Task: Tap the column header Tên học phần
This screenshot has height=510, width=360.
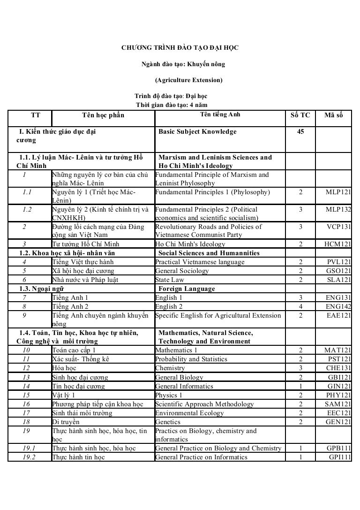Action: click(x=103, y=115)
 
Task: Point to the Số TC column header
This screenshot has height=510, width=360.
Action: click(x=300, y=115)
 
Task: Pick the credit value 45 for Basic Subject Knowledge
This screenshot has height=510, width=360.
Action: click(x=300, y=132)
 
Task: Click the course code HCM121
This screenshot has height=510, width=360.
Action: click(x=338, y=244)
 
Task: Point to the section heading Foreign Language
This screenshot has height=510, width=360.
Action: click(x=187, y=289)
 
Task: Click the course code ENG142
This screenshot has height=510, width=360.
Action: click(x=338, y=306)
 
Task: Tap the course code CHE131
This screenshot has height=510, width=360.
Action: click(x=339, y=368)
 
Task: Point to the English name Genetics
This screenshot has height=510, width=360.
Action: click(x=168, y=422)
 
